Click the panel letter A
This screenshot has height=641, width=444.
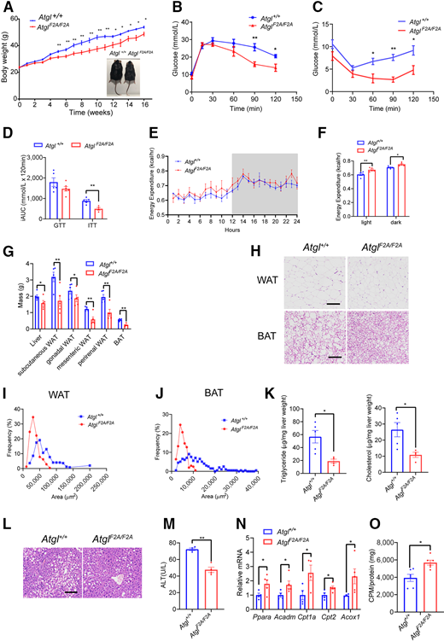[8, 8]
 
